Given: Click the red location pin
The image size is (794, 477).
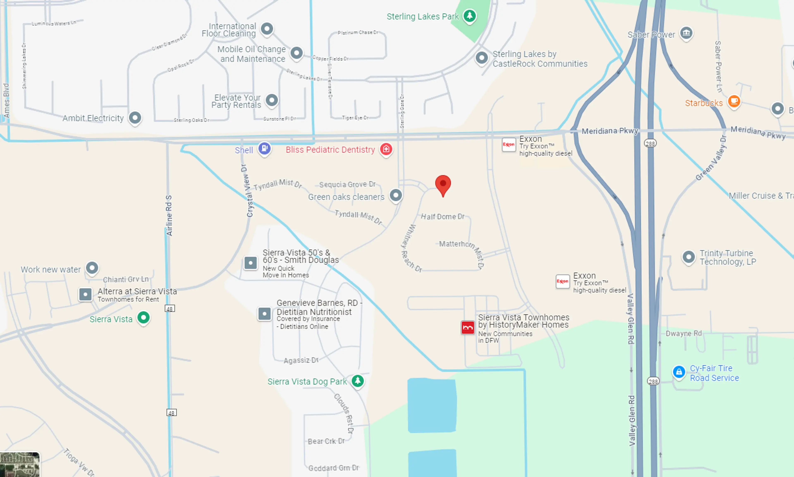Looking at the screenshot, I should pos(443,184).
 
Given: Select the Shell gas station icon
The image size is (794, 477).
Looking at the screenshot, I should pos(264,149).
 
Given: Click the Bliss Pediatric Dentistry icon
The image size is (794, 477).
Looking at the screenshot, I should pos(386,149).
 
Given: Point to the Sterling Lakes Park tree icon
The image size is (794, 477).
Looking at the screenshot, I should pos(470,16).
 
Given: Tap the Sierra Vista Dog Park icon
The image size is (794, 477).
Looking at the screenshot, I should pos(358,381).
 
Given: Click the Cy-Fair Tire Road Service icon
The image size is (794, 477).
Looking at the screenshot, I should pos(679,372).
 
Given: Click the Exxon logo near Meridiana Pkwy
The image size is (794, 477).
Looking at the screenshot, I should pos(509,145).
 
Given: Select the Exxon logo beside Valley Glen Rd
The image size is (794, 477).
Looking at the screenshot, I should pos(562,281).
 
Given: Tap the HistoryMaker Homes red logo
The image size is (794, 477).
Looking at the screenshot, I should pos(468,327).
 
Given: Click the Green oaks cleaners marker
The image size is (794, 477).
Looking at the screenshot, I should pos(396,195).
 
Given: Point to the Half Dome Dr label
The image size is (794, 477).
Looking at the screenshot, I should pos(443,217).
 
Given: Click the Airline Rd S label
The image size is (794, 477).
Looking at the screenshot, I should pos(169,215).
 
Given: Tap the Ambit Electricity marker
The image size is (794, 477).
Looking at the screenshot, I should pos(135,118).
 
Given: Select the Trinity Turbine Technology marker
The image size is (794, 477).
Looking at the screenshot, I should pos(688,257).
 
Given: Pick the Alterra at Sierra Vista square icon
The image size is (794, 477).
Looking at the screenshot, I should pos(85,294).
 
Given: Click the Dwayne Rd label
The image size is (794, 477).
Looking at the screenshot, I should pos(684,333).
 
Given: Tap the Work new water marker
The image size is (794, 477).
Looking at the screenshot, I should pos(92,268).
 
